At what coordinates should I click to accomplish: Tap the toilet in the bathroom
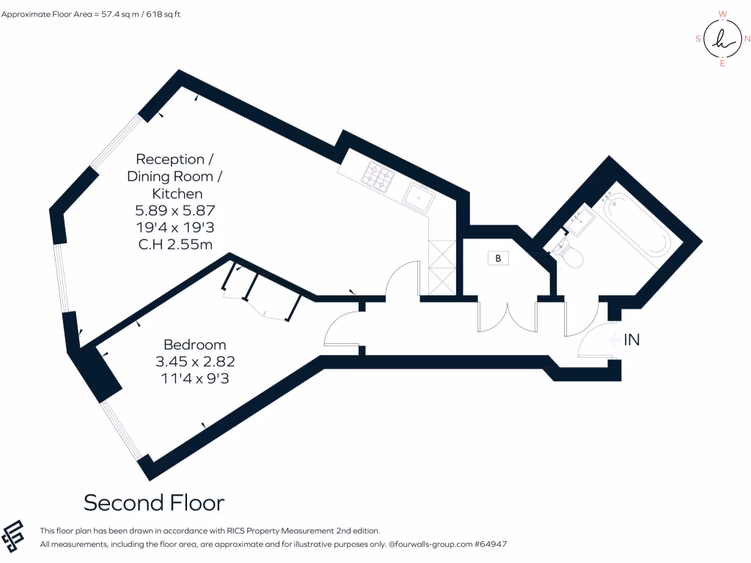(571, 254)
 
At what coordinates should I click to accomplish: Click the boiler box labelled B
(498, 259)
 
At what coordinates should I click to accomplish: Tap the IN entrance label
(632, 339)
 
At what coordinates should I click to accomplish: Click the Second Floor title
(153, 503)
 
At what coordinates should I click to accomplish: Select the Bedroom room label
(194, 345)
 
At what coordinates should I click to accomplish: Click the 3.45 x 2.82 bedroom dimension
(194, 361)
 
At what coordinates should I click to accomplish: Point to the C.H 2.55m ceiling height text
(175, 244)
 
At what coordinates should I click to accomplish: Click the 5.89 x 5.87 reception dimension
(175, 210)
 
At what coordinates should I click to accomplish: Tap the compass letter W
(722, 14)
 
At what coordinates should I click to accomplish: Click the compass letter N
(746, 39)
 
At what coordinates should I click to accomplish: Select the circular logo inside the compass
(722, 39)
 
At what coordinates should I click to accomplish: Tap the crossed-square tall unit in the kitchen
(440, 268)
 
